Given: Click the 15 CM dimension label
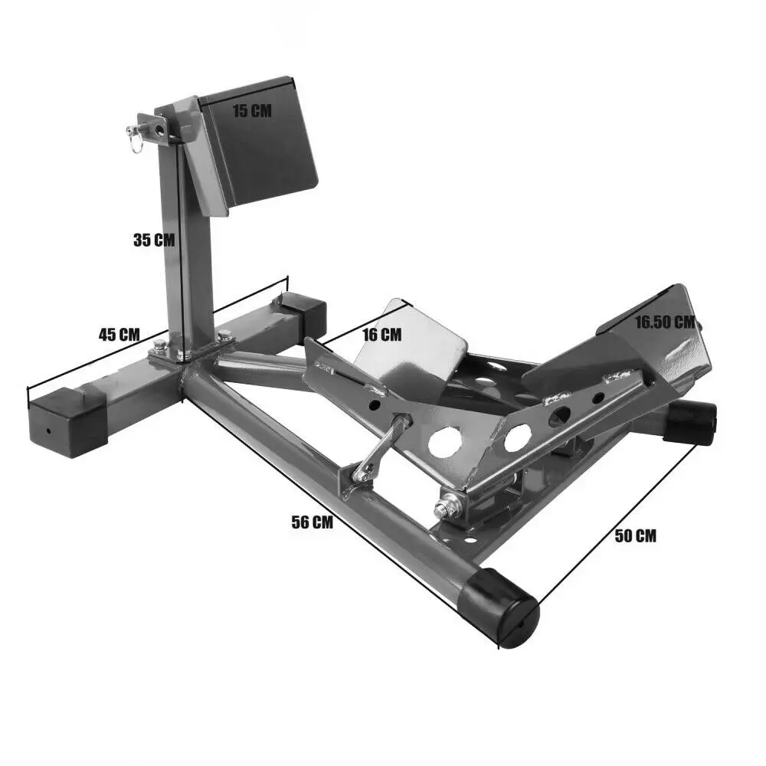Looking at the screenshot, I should tap(252, 110).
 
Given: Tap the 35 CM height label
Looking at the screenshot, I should tap(154, 240).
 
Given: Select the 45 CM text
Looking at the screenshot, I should tap(119, 334).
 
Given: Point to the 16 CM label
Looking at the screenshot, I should tap(381, 334).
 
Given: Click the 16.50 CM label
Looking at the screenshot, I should tap(664, 322).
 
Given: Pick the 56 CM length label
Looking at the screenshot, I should tap(313, 523).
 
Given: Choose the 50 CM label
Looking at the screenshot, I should tap(635, 536).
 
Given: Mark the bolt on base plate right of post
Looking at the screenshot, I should tap(224, 335).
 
